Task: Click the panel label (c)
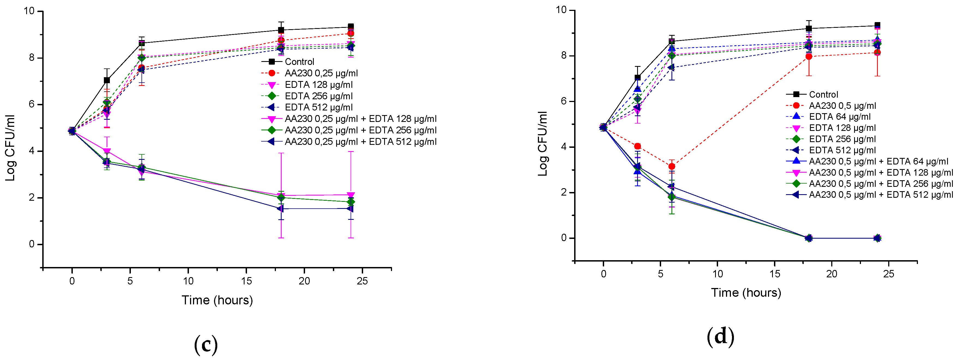point(206,345)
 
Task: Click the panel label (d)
point(720,337)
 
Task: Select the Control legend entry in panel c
point(299,62)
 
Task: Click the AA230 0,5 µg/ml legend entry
point(842,106)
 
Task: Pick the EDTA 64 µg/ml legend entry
point(839,117)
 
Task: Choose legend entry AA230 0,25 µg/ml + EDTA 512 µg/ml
point(360,142)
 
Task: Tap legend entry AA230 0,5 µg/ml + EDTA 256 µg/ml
point(880,184)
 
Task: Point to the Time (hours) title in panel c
point(217,300)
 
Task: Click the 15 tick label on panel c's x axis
point(246,281)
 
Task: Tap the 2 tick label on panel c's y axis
point(32,198)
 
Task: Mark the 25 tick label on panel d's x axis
point(888,274)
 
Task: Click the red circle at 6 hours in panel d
point(672,166)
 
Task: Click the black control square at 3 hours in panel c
point(107,80)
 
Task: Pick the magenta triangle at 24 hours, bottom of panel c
point(350,195)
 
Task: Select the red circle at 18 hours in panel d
point(809,56)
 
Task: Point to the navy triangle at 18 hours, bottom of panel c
point(281,209)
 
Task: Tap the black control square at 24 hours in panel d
point(877,25)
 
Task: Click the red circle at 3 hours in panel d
point(637,146)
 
